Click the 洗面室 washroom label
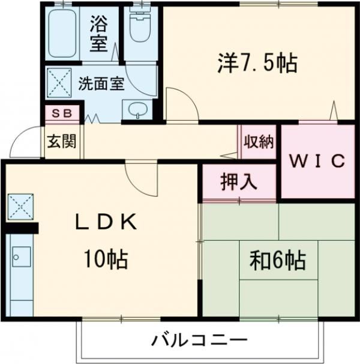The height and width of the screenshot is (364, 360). [x=101, y=83]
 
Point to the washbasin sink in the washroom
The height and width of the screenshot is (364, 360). [x=138, y=111]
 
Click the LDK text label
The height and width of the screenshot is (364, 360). [x=106, y=222]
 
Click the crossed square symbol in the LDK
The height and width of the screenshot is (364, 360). [x=20, y=206]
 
